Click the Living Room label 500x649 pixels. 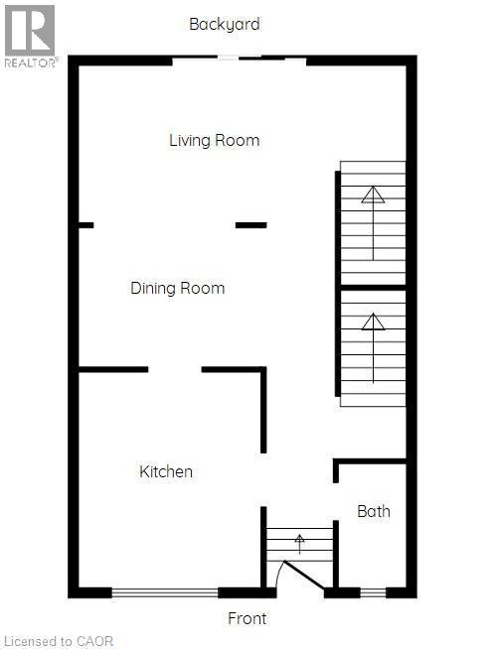215,141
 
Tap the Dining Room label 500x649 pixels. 178,288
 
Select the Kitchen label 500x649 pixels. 166,471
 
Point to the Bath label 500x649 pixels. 374,512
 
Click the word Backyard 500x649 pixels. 225,24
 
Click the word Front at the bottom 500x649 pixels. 248,618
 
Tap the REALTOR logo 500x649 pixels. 30,36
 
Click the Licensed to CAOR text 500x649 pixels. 58,641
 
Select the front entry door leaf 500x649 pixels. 304,575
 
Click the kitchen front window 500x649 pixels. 165,592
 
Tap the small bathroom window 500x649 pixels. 373,592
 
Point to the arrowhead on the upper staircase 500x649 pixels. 373,195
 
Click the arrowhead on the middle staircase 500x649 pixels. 373,322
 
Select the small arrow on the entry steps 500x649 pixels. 299,544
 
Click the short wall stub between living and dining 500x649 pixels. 250,225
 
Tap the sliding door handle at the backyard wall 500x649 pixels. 228,58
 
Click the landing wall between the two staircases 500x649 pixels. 373,287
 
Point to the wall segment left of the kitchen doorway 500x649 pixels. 113,369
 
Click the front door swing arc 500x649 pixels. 279,574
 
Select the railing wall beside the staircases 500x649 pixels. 338,284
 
